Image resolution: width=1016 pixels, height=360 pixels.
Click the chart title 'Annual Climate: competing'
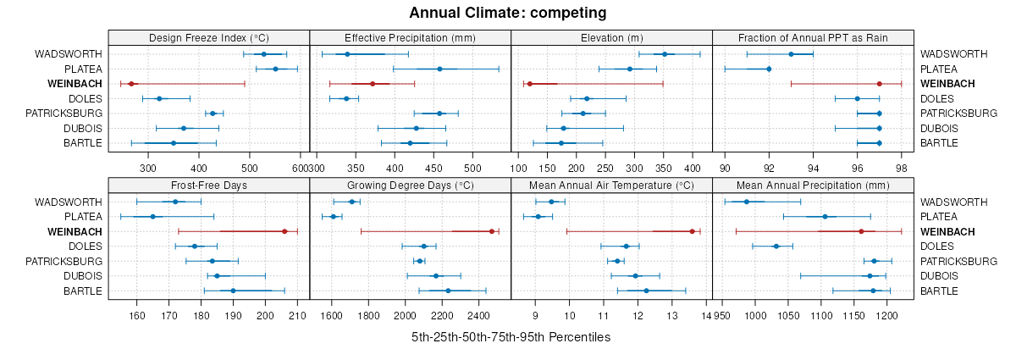[508, 13]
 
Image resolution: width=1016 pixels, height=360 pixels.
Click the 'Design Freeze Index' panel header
[209, 37]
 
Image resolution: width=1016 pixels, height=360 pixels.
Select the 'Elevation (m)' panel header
[612, 37]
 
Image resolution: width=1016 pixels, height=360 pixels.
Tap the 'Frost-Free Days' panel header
[209, 185]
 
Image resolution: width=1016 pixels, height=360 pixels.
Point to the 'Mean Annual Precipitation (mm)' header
[813, 185]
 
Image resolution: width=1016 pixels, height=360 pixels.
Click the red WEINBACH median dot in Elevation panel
[529, 84]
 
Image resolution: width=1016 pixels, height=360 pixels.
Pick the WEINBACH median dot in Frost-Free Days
[284, 231]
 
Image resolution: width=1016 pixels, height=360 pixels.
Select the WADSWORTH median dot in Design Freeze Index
[264, 54]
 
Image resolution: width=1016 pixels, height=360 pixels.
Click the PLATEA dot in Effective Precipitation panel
[439, 69]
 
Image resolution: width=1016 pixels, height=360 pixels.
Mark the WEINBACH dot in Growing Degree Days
[492, 231]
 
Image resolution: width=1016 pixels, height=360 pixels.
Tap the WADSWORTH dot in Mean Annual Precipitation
[747, 202]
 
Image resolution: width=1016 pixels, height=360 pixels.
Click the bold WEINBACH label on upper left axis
[74, 84]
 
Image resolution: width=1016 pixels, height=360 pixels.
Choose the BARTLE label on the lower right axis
[939, 291]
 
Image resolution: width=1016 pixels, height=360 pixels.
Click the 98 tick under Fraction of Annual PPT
[901, 156]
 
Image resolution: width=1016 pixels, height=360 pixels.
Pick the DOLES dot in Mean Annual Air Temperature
[627, 246]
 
